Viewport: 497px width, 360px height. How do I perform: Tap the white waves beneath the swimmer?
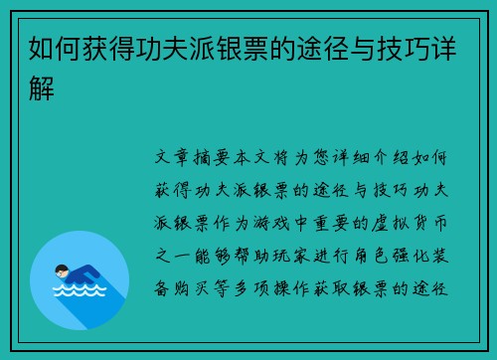pyautogui.click(x=80, y=290)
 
